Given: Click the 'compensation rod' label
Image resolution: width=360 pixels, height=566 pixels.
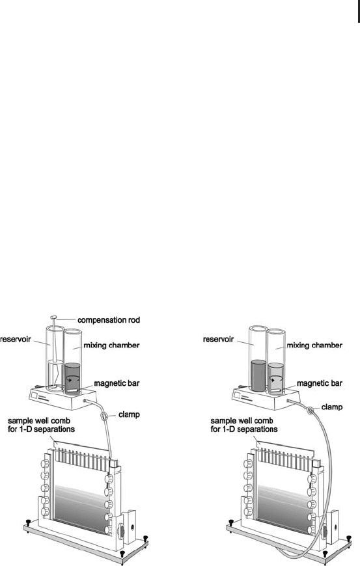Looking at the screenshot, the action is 108,320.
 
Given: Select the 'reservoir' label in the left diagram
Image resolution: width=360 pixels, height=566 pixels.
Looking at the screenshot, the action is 16,340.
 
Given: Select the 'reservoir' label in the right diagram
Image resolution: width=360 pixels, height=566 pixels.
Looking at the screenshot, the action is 219,340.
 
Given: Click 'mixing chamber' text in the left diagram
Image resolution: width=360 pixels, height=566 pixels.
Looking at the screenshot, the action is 111,345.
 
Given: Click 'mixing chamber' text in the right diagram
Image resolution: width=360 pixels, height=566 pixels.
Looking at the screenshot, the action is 314,345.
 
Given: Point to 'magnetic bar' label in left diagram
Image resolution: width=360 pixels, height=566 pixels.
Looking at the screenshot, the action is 117,383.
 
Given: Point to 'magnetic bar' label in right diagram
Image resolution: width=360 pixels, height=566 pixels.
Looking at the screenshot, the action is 319,383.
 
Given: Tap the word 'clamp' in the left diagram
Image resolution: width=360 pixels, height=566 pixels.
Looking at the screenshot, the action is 129,414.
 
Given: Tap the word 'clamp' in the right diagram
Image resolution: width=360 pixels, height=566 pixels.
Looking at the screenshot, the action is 332,407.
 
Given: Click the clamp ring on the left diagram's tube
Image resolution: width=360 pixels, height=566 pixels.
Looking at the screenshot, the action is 104,416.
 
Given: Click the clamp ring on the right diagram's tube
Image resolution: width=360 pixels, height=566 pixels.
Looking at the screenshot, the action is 310,410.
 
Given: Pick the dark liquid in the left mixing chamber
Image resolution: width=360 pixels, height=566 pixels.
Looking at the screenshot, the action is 72,377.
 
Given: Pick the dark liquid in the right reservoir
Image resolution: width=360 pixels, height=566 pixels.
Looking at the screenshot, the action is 258,375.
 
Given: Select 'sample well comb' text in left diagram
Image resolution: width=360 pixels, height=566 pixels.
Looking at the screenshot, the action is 39,421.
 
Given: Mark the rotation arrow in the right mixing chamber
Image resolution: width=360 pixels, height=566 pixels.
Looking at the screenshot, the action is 276,379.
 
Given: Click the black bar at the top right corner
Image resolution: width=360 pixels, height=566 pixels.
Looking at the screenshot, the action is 358,12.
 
